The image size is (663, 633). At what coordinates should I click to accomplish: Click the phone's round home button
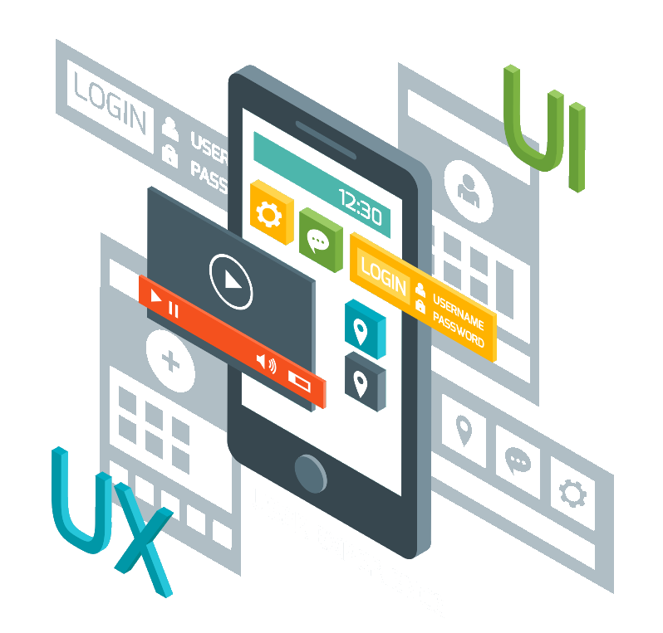click(311, 473)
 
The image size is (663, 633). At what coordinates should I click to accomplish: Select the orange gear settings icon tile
click(268, 215)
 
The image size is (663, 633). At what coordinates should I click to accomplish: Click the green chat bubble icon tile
click(318, 241)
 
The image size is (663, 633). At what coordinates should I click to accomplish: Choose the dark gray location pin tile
click(361, 383)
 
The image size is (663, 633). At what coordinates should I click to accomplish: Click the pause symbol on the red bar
click(174, 309)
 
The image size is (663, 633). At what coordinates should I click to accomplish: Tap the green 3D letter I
click(577, 146)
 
